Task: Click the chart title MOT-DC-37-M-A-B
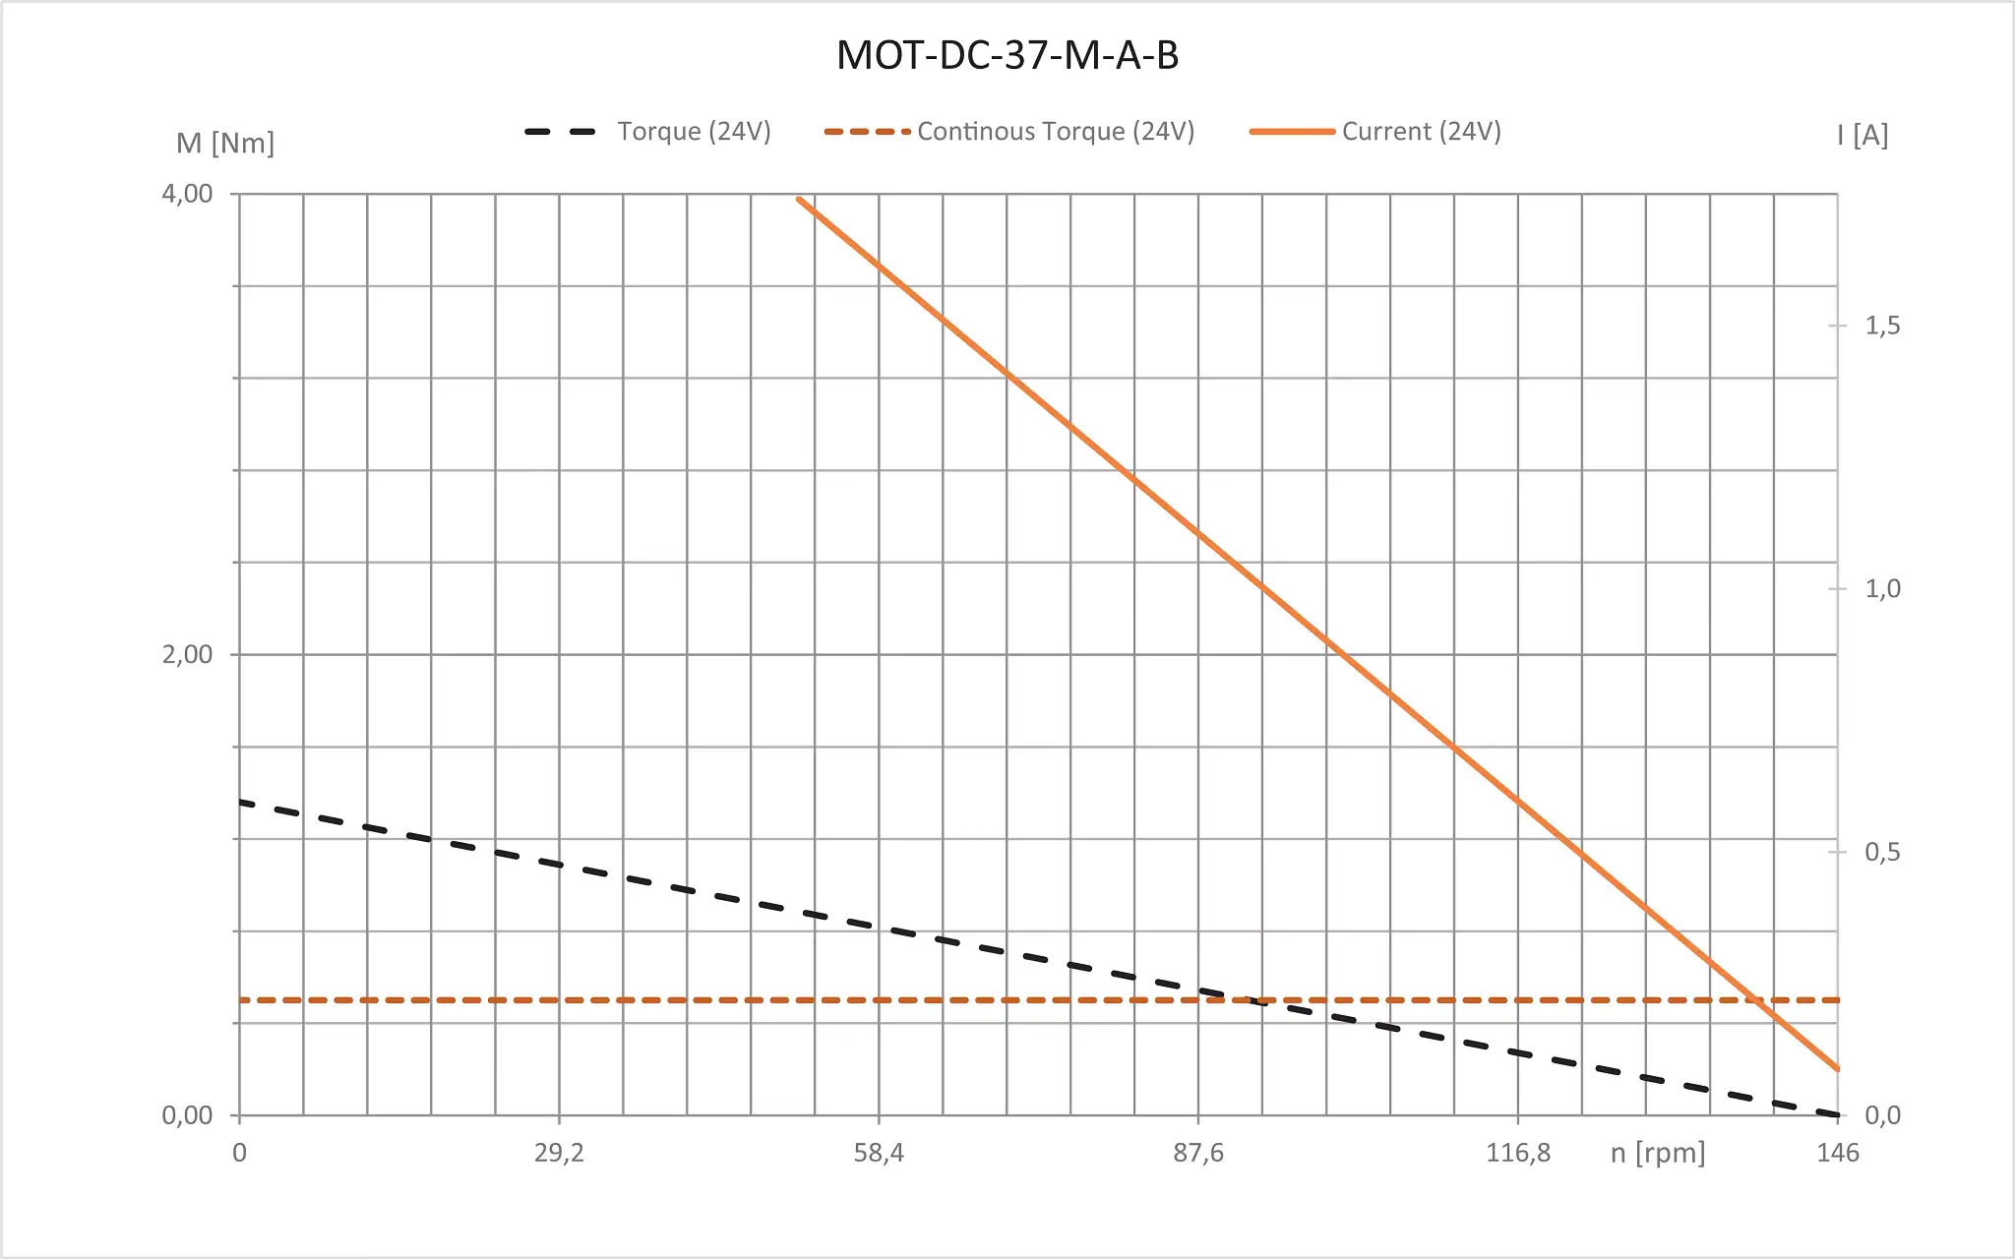[x=1007, y=55]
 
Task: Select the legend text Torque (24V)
[x=694, y=132]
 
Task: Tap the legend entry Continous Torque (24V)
[x=1055, y=132]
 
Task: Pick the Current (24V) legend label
[x=1421, y=132]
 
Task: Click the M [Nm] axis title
[x=224, y=144]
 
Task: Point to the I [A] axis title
[x=1862, y=136]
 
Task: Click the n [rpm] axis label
[x=1657, y=1153]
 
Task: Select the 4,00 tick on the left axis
[x=187, y=194]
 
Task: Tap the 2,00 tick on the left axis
[x=187, y=654]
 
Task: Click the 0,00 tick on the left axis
[x=187, y=1115]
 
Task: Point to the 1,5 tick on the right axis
[x=1882, y=326]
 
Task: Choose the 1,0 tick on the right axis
[x=1882, y=589]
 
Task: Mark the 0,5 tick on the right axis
[x=1882, y=852]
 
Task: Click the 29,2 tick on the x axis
[x=559, y=1153]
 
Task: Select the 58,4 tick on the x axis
[x=879, y=1153]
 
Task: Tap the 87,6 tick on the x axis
[x=1198, y=1153]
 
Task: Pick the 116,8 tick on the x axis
[x=1517, y=1153]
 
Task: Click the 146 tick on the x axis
[x=1837, y=1153]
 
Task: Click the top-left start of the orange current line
[x=799, y=200]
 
